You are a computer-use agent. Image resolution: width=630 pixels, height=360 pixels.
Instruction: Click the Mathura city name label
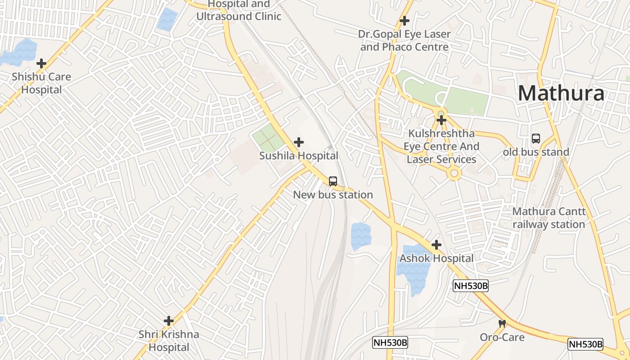[x=561, y=93]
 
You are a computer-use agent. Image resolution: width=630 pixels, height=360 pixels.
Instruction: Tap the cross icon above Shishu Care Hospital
[x=41, y=63]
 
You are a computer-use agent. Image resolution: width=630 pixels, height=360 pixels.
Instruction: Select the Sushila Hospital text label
[x=298, y=156]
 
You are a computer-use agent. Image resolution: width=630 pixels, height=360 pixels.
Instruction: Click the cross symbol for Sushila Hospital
[x=298, y=142]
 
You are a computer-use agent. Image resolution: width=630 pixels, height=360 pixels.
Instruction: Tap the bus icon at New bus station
[x=333, y=181]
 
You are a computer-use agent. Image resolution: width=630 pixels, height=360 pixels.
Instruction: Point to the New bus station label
[x=333, y=195]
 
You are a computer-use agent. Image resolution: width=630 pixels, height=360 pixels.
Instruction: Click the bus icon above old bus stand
[x=536, y=139]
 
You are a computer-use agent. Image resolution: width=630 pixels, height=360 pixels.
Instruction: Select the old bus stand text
[x=536, y=152]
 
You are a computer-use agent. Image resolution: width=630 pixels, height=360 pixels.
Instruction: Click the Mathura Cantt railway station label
[x=549, y=218]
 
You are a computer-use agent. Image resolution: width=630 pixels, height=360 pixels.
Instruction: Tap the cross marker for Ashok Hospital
[x=436, y=245]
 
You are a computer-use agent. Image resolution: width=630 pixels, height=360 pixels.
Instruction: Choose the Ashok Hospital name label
[x=436, y=258]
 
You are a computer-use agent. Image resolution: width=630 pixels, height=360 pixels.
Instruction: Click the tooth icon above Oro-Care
[x=502, y=324]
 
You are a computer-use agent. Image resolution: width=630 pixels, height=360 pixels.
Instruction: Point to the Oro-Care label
[x=502, y=337]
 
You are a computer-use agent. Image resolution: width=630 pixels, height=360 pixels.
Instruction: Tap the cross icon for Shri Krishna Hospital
[x=169, y=321]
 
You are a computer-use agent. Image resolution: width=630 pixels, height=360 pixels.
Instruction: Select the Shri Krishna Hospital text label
[x=169, y=341]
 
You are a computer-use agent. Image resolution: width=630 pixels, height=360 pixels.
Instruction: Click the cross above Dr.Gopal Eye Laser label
[x=405, y=21]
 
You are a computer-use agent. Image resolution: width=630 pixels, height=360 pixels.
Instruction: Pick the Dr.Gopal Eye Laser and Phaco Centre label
[x=405, y=40]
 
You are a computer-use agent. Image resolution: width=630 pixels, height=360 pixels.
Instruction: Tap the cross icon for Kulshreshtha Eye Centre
[x=441, y=120]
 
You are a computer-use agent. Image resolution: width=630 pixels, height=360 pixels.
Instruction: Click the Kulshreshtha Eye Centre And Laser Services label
[x=441, y=146]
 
